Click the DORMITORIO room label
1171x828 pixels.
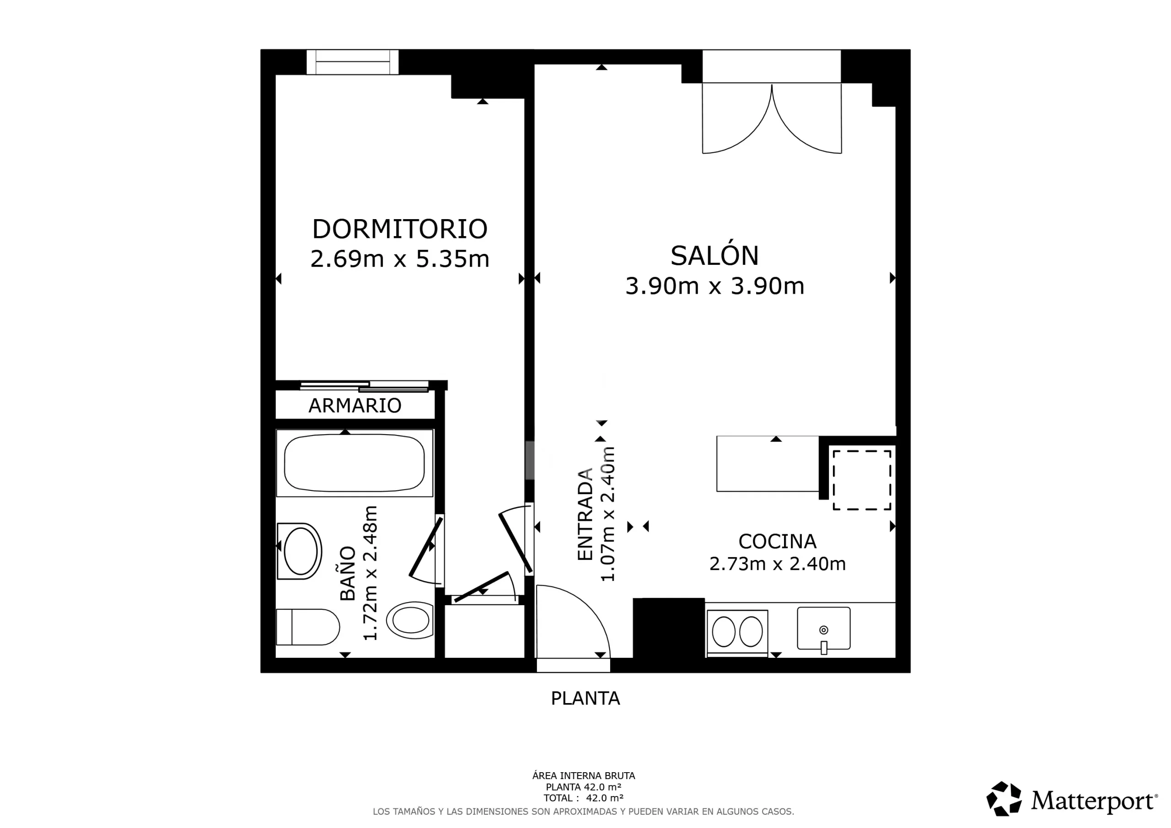400,229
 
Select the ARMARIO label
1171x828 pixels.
355,406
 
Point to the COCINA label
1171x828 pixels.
777,541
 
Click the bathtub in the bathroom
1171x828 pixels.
355,463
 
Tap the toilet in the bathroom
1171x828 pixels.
307,627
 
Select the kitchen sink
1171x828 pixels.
824,629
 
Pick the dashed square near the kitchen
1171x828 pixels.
862,480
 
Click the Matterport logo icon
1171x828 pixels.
1004,798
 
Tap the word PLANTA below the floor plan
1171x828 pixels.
585,698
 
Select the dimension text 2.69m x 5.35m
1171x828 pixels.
400,258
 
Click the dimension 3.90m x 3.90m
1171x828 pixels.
714,286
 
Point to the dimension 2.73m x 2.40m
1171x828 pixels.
777,564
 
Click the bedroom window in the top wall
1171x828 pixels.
352,62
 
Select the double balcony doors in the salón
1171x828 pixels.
772,118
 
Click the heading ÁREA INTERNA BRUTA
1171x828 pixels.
584,776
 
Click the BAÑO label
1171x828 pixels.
348,574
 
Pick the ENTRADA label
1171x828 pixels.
585,514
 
